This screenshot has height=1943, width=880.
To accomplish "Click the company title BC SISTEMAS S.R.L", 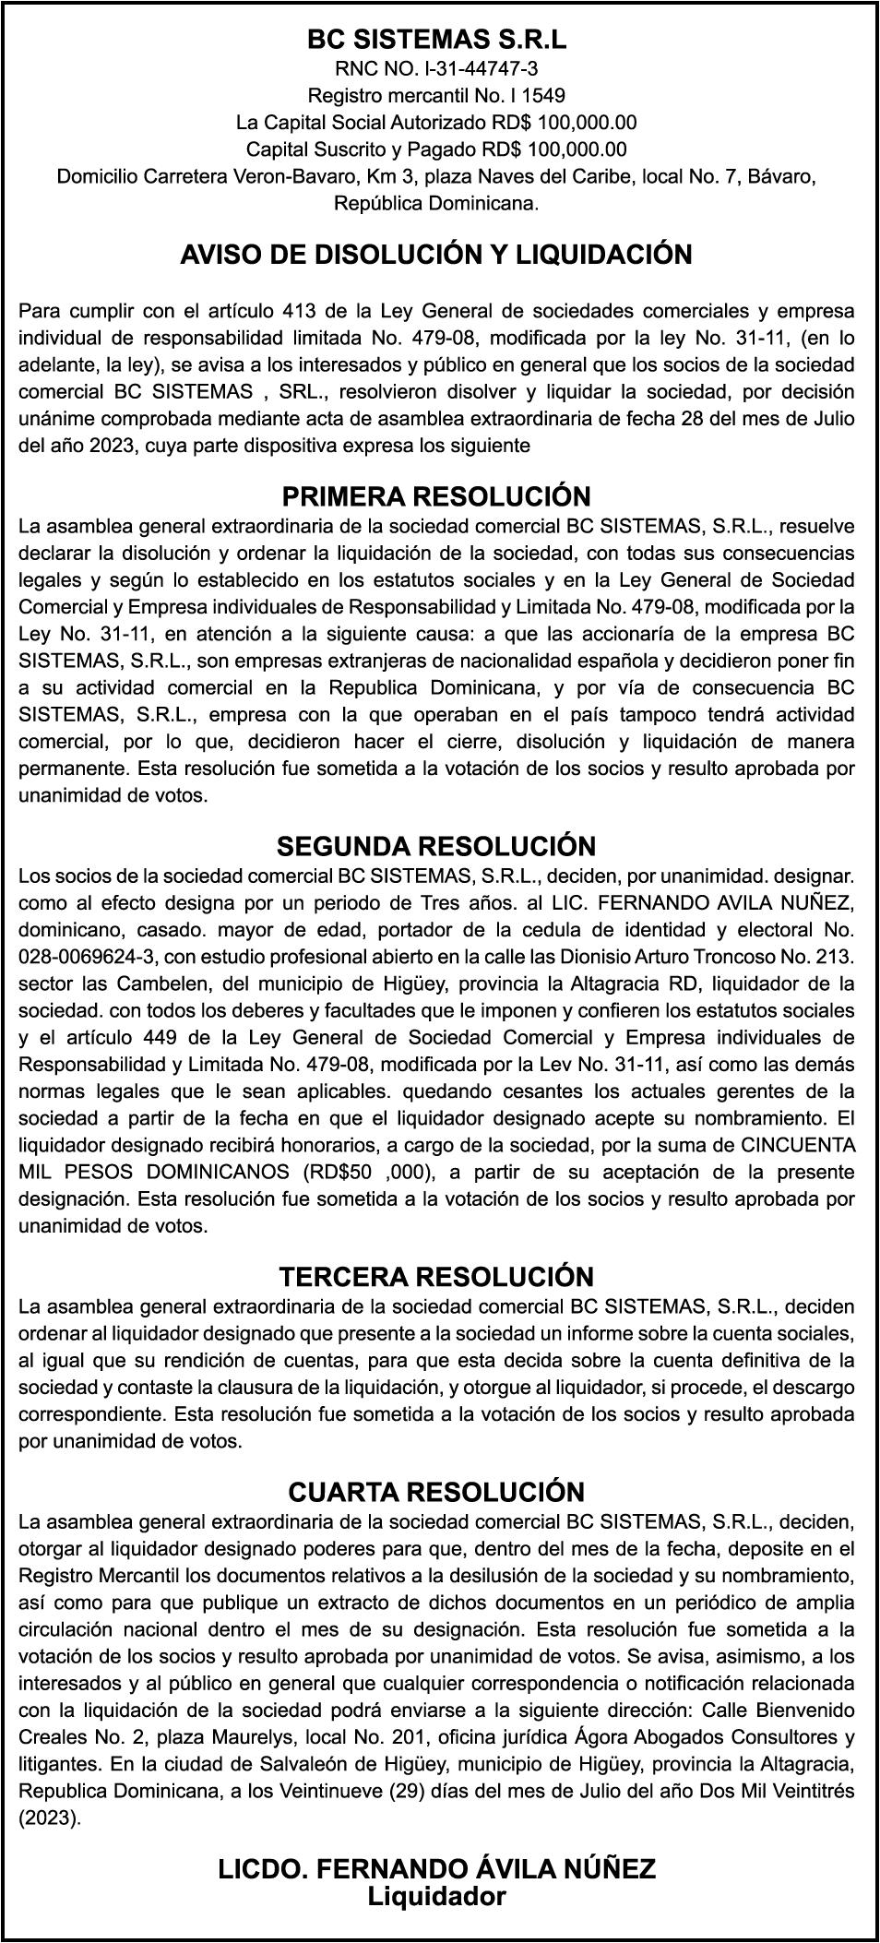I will pos(436,40).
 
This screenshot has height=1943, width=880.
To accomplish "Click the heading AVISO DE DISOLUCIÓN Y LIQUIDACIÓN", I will pos(436,255).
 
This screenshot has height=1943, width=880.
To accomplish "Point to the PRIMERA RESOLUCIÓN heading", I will pos(436,497).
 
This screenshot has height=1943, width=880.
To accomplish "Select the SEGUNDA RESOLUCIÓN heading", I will pos(436,846).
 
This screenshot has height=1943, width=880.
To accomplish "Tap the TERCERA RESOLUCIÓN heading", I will pos(436,1277).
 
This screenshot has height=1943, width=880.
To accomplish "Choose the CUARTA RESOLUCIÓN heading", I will pos(436,1492).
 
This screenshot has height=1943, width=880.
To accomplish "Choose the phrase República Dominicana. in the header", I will pos(436,204).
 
